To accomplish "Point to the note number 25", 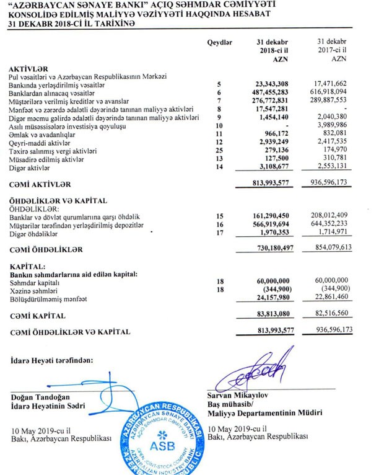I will pos(219,151).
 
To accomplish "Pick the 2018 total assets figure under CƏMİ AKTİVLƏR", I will pos(273,184).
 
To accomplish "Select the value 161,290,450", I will pos(275,216).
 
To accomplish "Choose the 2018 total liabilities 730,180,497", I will pos(275,249).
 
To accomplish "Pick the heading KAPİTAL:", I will pos(27,265).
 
